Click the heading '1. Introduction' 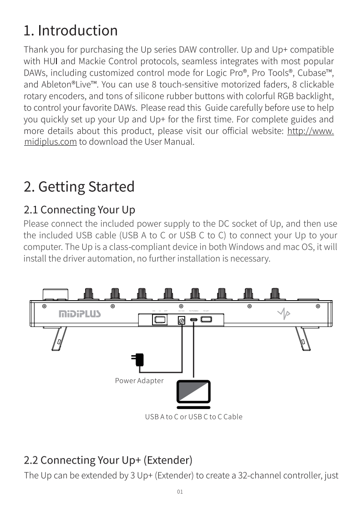pos(71,31)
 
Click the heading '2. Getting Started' pos(79,187)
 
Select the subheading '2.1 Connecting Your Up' pos(79,210)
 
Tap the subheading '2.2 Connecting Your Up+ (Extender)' pos(108,460)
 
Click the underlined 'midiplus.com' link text pos(50,142)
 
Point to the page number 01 pos(180,492)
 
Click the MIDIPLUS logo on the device pos(80,314)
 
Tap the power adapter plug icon pos(138,359)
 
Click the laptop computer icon pos(193,394)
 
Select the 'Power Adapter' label pos(139,381)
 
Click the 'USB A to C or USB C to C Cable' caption pos(193,417)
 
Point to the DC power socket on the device pos(181,320)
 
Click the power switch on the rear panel pos(159,320)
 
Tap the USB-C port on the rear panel pos(194,320)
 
